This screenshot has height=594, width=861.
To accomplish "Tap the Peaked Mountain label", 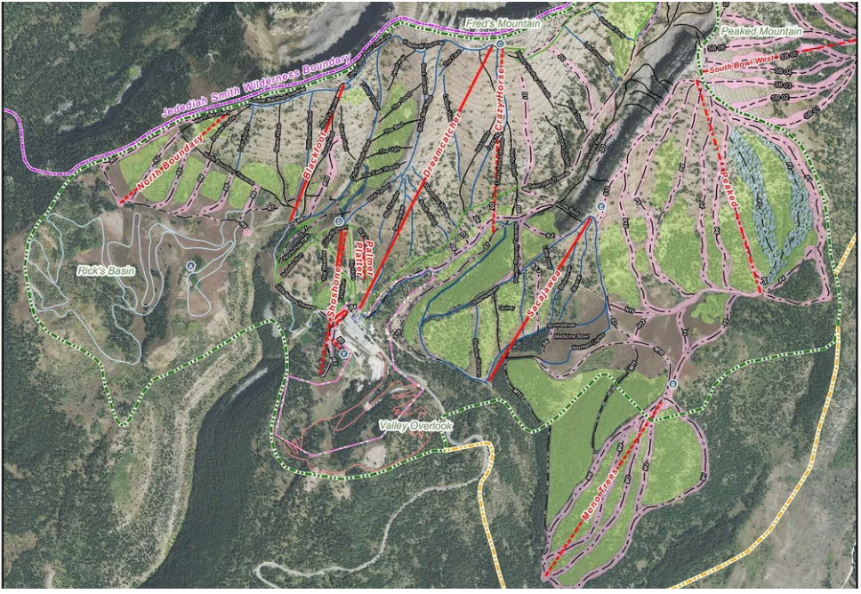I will tap(761, 31).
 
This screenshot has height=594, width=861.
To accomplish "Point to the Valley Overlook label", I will tap(415, 426).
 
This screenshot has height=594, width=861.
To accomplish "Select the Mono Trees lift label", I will tap(602, 503).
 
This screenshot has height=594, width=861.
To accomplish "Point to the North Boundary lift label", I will tap(171, 162).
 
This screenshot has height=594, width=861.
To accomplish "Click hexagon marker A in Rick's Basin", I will tap(190, 266).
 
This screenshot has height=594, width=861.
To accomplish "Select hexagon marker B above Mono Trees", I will tap(672, 384).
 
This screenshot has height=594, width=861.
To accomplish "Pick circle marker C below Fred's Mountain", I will tap(500, 44).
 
